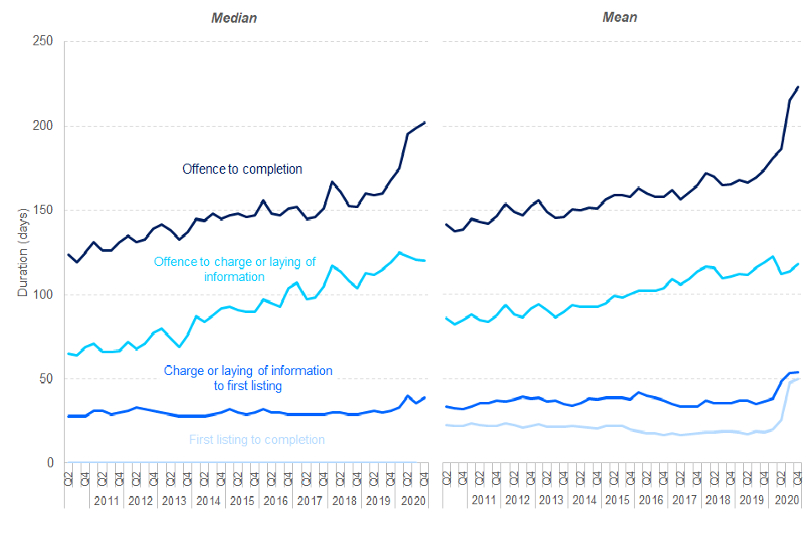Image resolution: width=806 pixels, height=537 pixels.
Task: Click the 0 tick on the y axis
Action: (x=50, y=463)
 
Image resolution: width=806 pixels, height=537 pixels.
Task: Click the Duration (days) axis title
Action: (x=23, y=252)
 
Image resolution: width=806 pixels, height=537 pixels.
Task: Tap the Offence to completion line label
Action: (x=242, y=169)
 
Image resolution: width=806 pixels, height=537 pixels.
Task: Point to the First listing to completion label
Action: (x=257, y=440)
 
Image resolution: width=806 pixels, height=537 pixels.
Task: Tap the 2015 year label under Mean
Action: (x=617, y=500)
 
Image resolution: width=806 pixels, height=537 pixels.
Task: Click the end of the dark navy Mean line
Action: (x=798, y=86)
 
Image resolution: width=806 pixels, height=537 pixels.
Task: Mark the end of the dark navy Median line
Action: (x=425, y=123)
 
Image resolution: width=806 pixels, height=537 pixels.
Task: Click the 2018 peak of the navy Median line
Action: (x=332, y=182)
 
